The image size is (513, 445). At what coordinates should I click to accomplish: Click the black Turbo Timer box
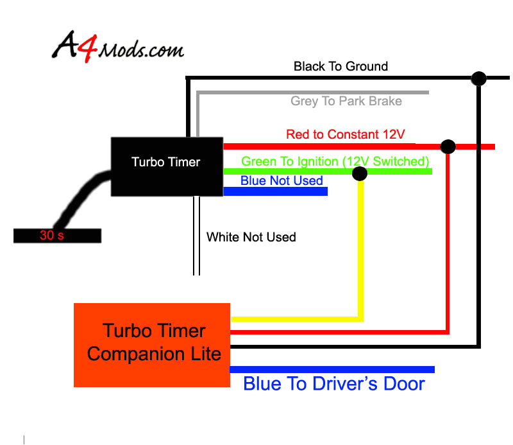(x=167, y=165)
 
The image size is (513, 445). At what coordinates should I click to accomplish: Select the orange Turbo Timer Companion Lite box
(x=152, y=344)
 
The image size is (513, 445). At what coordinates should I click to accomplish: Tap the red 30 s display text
(x=52, y=236)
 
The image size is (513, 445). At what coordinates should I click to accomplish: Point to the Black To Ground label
(x=341, y=66)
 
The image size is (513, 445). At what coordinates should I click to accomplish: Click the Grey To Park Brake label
(x=346, y=101)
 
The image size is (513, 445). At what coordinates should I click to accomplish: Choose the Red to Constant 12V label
(x=346, y=134)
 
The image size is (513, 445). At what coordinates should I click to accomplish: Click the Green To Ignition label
(x=335, y=161)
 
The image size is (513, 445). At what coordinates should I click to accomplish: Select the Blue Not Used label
(x=282, y=180)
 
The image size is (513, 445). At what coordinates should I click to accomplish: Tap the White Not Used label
(x=251, y=237)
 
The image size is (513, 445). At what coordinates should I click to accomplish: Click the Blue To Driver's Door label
(x=334, y=384)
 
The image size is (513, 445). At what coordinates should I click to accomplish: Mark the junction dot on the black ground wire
(x=478, y=78)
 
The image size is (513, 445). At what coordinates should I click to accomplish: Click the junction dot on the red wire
(x=448, y=146)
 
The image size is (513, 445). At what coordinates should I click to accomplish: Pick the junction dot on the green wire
(x=360, y=172)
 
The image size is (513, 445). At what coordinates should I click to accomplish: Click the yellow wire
(x=361, y=257)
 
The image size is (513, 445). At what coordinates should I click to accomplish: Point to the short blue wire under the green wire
(x=276, y=191)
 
